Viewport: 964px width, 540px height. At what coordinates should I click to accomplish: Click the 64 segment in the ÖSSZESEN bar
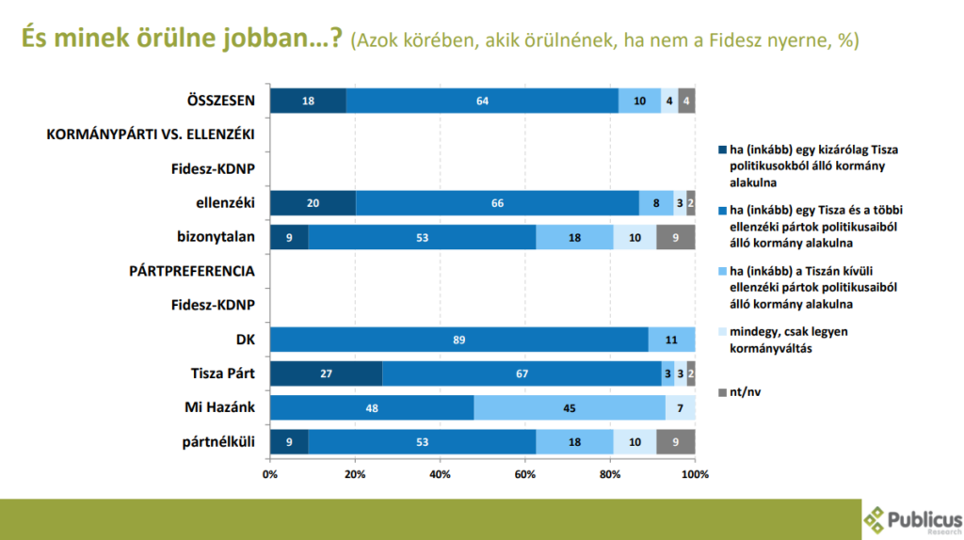482,102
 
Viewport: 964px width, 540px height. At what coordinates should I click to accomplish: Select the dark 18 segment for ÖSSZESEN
308,102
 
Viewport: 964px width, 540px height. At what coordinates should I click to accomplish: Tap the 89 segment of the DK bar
458,340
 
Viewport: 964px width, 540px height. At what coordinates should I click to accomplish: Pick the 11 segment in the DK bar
671,340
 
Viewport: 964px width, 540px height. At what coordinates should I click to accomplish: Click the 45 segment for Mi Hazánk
570,407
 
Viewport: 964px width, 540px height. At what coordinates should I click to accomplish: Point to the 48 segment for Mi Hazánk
372,407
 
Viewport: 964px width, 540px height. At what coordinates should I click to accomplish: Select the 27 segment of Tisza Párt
327,373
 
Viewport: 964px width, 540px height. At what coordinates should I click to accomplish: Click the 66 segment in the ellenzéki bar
497,203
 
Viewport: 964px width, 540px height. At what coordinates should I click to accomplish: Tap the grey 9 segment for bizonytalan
676,237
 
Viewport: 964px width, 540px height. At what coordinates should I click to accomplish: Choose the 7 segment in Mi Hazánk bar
680,407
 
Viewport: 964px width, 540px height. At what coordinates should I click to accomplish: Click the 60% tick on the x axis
524,474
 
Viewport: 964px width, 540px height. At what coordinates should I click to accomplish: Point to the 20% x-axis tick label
355,474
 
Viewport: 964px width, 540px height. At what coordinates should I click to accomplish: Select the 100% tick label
694,474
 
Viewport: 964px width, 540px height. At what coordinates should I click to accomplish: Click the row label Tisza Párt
222,373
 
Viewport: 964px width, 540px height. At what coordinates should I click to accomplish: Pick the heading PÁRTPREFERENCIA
192,271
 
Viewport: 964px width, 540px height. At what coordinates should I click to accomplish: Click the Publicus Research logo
913,518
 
